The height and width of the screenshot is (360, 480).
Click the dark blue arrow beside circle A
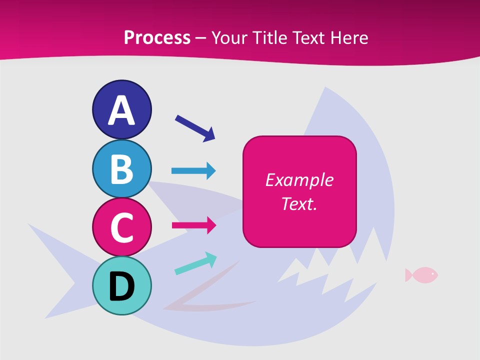(195, 127)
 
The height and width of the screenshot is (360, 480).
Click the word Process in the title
(157, 37)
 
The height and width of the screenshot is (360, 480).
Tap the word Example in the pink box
(299, 180)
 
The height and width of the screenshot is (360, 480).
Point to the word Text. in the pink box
(299, 204)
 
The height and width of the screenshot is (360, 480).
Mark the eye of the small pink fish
(432, 273)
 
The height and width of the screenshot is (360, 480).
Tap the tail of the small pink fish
(408, 274)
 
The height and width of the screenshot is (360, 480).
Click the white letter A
(121, 111)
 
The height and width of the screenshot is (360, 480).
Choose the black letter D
(121, 286)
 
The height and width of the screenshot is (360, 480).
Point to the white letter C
(121, 227)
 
